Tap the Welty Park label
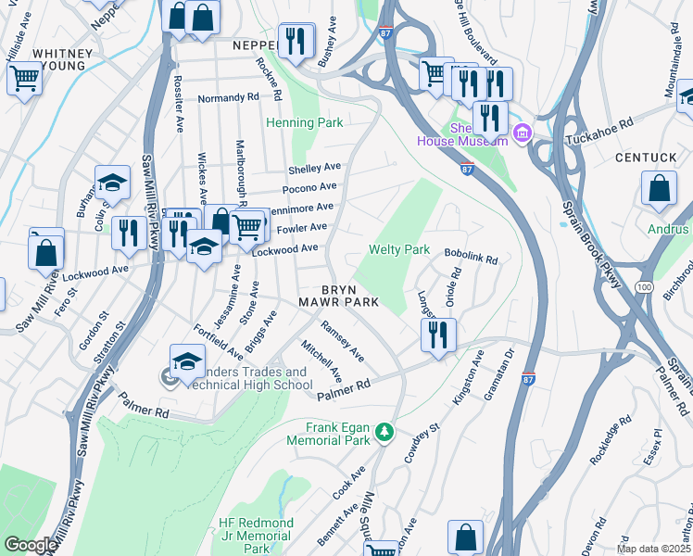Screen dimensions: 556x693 pyautogui.click(x=399, y=249)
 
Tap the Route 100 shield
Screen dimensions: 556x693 pyautogui.click(x=644, y=289)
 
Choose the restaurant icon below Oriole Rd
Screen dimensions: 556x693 pyautogui.click(x=439, y=335)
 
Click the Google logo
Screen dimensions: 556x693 pyautogui.click(x=31, y=545)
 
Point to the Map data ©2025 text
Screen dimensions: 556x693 pyautogui.click(x=653, y=549)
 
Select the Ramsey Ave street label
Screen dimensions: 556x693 pyautogui.click(x=342, y=342)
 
